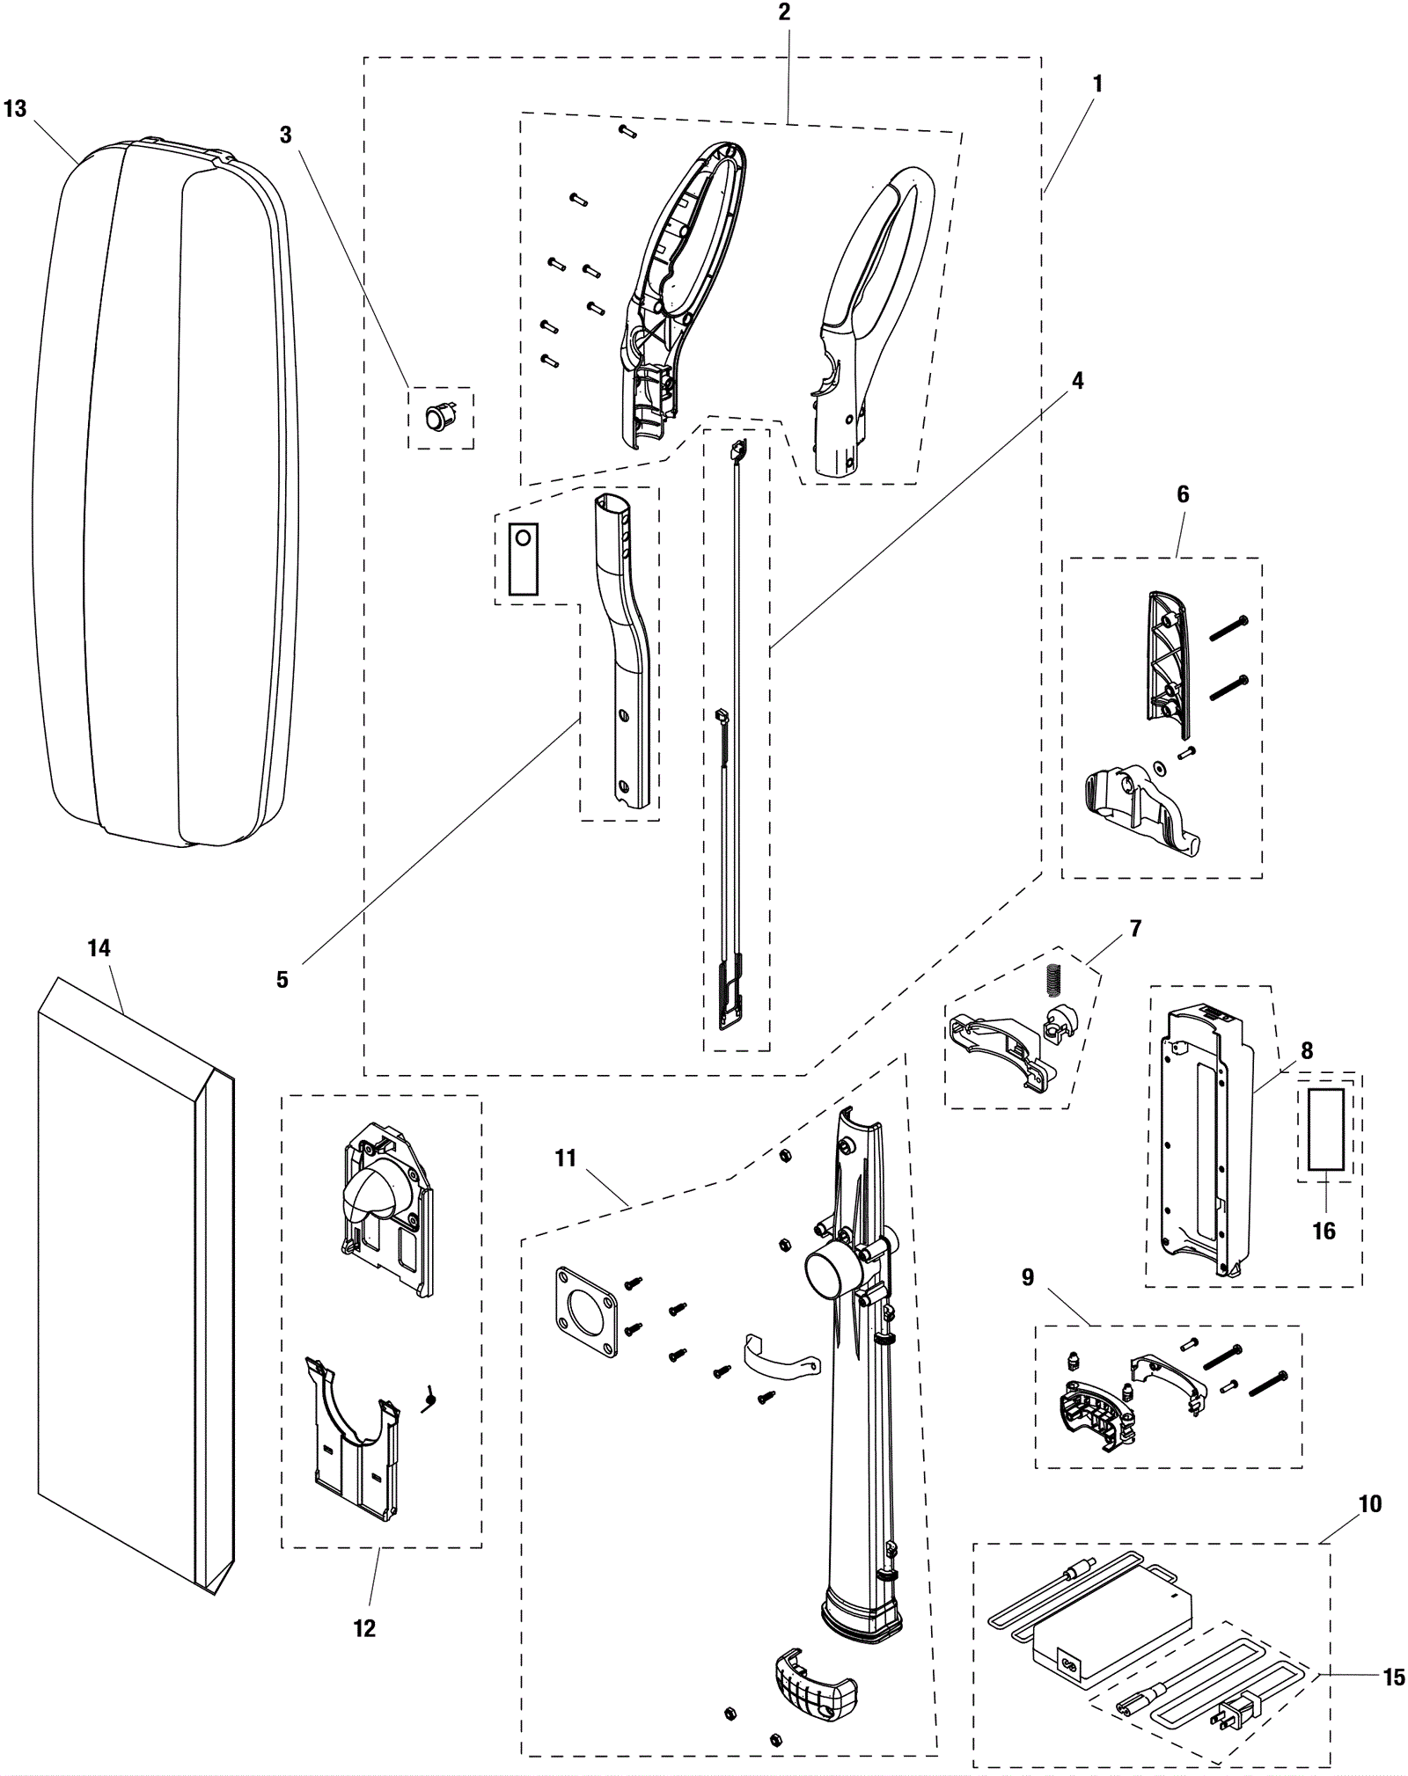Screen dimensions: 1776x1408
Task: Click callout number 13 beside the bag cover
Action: (x=15, y=109)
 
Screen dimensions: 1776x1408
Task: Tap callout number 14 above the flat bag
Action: (x=99, y=948)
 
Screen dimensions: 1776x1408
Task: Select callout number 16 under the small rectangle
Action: (x=1324, y=1231)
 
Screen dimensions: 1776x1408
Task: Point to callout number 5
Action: (x=282, y=980)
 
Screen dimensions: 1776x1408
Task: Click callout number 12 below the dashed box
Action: (x=364, y=1628)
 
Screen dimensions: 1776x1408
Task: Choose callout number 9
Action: (x=1027, y=1277)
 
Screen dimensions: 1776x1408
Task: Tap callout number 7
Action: (x=1135, y=928)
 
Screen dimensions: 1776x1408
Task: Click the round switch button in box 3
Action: (x=436, y=417)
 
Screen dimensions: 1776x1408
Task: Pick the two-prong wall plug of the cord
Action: (x=1232, y=1713)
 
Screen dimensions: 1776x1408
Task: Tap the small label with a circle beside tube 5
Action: (x=523, y=559)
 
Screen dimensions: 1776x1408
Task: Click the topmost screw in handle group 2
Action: (x=627, y=131)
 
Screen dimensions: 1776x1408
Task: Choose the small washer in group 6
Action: (x=1159, y=765)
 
